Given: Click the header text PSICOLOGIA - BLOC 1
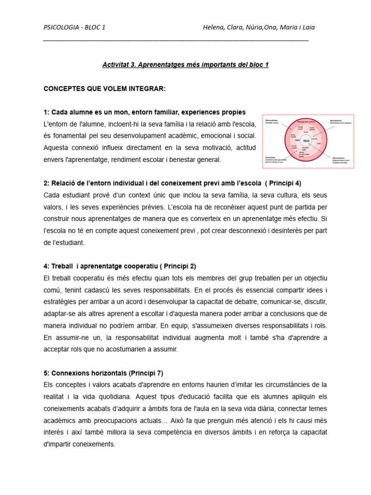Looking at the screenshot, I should [74, 27].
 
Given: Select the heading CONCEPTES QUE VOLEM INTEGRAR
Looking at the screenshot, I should [104, 89].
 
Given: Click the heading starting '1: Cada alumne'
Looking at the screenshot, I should [144, 112].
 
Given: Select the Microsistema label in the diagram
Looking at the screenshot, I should [341, 157].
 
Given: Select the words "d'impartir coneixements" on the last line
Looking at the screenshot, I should [79, 444].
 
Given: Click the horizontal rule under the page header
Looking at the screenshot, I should [176, 40].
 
